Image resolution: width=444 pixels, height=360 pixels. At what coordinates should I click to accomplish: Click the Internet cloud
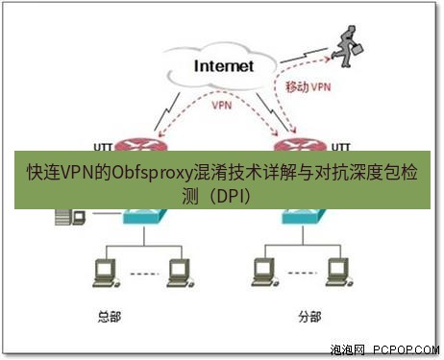pyautogui.click(x=224, y=66)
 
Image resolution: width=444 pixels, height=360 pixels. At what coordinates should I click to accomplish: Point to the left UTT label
pyautogui.click(x=103, y=146)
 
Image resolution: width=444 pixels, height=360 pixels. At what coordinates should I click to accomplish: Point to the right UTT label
pyautogui.click(x=341, y=146)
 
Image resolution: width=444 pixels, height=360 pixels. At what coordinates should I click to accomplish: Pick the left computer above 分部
pyautogui.click(x=259, y=274)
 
